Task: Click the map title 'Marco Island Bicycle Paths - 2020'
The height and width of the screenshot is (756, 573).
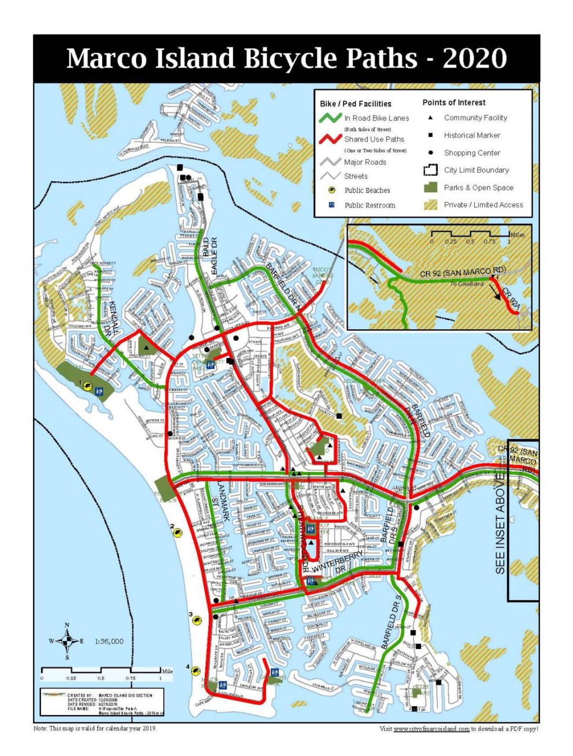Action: coord(286,58)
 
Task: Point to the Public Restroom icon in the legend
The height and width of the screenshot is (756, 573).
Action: coord(332,205)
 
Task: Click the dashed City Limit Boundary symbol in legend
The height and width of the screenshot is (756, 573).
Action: coord(430,170)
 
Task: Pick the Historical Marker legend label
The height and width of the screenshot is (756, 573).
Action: coord(472,136)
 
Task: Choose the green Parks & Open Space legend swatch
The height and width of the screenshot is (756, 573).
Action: coord(430,187)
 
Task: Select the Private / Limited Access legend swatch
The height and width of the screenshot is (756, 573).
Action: coord(430,205)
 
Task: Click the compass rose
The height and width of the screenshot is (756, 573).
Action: coord(67,642)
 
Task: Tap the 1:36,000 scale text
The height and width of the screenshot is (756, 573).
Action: coord(109,642)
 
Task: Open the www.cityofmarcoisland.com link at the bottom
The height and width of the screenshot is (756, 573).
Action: coord(431,729)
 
